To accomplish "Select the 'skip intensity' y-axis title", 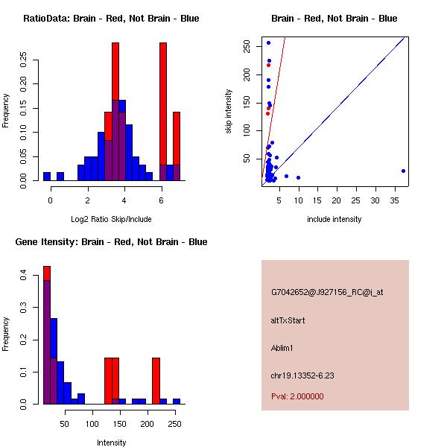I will point(229,112).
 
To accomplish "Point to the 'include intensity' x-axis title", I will point(334,219).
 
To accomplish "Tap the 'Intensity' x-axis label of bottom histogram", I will point(111,443).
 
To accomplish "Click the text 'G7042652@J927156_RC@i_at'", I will point(327,293).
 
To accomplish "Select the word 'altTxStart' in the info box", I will point(288,320).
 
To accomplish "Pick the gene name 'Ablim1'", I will point(284,348).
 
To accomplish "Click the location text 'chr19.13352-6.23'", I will point(302,375).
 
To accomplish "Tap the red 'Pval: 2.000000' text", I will point(297,396).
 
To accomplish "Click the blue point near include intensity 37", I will point(403,171).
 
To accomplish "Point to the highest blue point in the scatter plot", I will point(268,43).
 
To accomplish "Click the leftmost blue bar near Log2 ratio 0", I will point(47,177).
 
